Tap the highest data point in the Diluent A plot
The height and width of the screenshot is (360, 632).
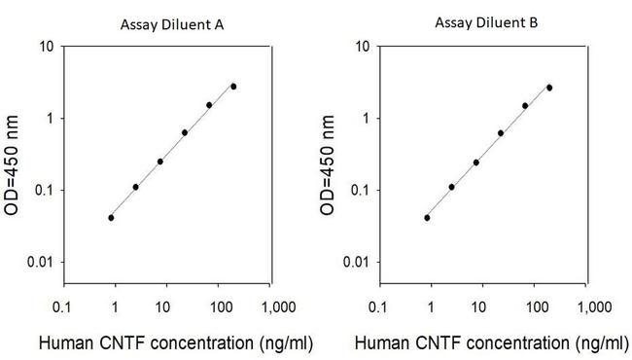click(x=233, y=87)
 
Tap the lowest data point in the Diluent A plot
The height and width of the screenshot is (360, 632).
click(x=111, y=218)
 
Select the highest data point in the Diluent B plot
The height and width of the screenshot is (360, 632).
click(x=549, y=88)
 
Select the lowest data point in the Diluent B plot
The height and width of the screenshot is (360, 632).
click(x=427, y=218)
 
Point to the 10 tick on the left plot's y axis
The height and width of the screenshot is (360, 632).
click(x=46, y=46)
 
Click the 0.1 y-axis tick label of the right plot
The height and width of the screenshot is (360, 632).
click(x=359, y=191)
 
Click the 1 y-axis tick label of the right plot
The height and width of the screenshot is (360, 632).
click(x=366, y=119)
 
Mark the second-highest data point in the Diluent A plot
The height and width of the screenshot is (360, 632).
click(x=209, y=105)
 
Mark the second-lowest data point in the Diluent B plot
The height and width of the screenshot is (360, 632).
click(x=451, y=187)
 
